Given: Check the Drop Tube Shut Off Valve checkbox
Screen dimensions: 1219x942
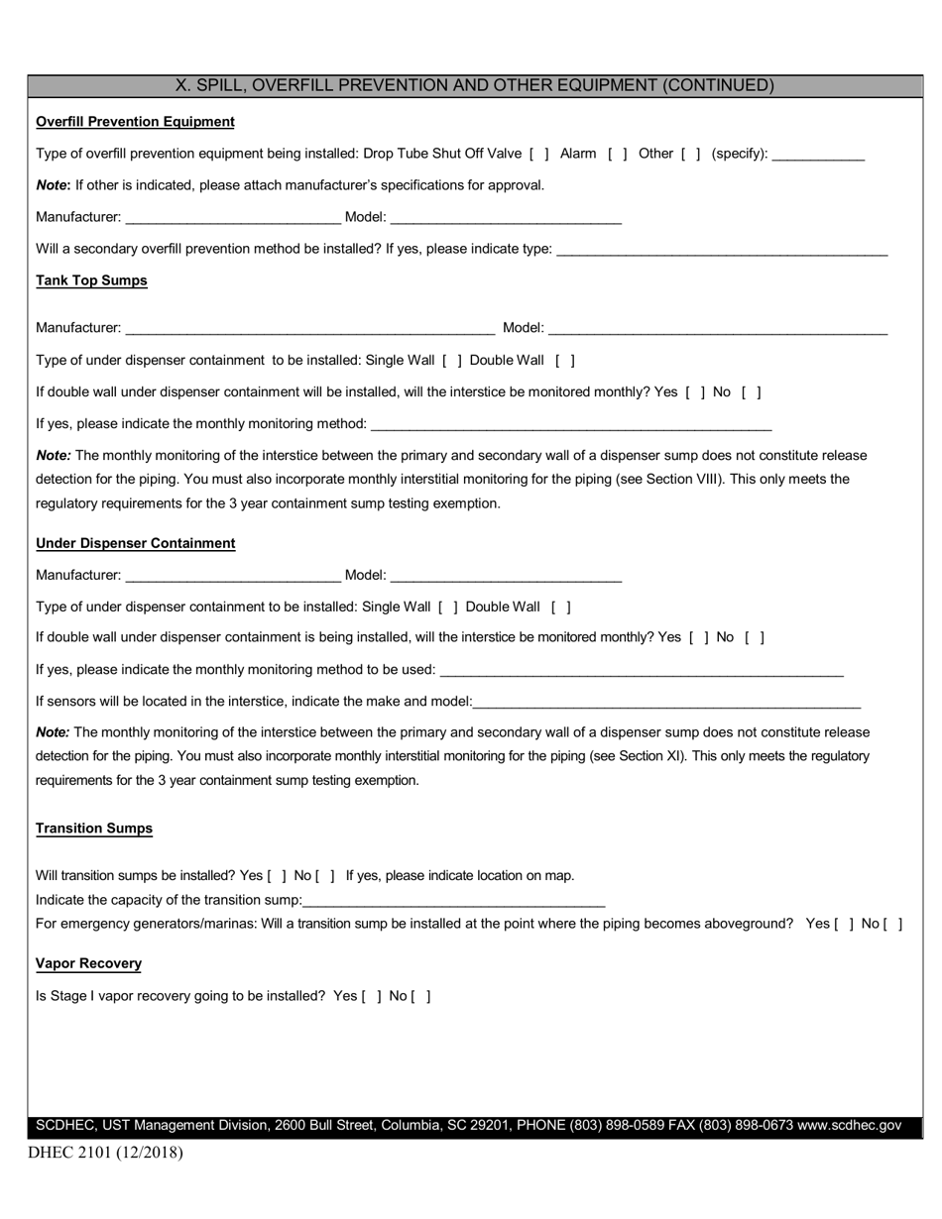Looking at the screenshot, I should [x=539, y=154].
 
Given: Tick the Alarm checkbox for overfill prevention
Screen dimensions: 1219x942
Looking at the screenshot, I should [x=617, y=154].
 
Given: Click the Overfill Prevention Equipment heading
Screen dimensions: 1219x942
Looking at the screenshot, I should [x=135, y=122].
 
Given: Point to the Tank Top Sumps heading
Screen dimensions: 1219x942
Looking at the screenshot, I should [x=91, y=280].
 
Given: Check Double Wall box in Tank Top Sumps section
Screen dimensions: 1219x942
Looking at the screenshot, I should [x=565, y=361].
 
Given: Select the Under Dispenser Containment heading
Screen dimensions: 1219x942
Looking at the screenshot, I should [x=135, y=543].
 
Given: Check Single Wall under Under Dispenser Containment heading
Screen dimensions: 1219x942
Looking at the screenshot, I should [x=448, y=608].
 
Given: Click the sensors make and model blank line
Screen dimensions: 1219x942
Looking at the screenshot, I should [x=666, y=704].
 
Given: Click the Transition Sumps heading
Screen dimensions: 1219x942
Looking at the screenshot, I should [x=94, y=829].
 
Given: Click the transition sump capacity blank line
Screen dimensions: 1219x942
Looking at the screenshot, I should [x=453, y=902].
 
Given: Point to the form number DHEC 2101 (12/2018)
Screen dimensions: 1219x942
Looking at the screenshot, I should [x=105, y=1153].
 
